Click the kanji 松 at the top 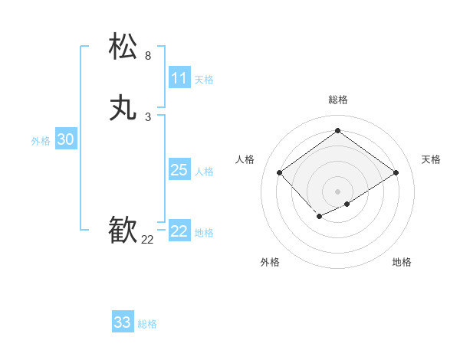(123, 47)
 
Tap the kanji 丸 (123, 108)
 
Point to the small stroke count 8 (148, 56)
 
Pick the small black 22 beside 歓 (148, 240)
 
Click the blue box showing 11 (179, 78)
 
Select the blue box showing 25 (179, 170)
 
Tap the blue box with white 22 (179, 231)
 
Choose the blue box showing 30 (66, 139)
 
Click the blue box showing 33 (123, 322)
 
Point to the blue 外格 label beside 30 (41, 141)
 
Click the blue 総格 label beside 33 (147, 324)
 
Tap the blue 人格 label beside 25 (205, 172)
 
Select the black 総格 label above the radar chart (338, 100)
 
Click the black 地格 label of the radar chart (402, 262)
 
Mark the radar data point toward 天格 (396, 173)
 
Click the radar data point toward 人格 (280, 173)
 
